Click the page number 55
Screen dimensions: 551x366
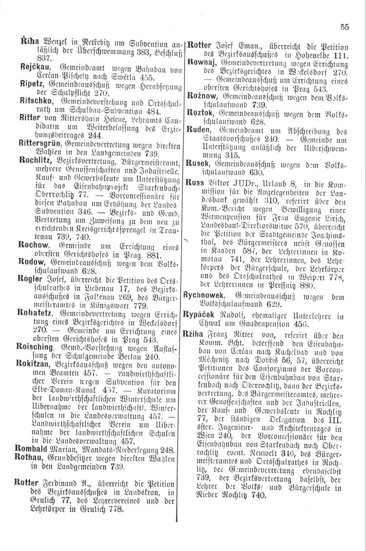tap(345, 28)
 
